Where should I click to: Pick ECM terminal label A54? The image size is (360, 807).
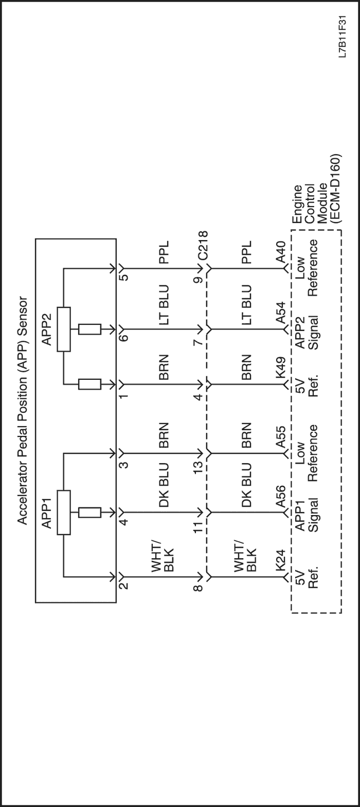[280, 313]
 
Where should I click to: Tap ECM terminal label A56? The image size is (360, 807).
[280, 497]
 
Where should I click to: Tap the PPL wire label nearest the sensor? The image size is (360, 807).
[164, 252]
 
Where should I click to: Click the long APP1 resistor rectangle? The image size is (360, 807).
[64, 512]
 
